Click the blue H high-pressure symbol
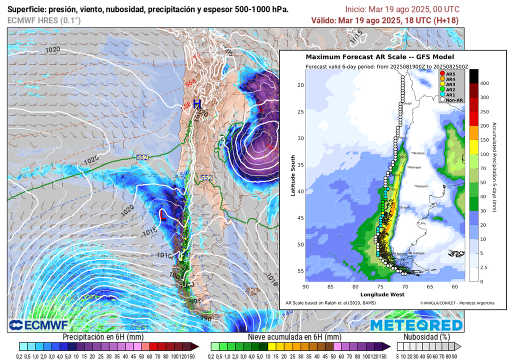(x=197, y=104)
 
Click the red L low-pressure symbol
(x=162, y=215)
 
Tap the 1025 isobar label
(x=91, y=160)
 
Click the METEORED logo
(x=416, y=325)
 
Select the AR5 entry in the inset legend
(x=448, y=74)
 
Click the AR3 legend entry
(x=448, y=84)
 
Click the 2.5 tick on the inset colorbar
(x=484, y=268)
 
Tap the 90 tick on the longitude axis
(x=305, y=287)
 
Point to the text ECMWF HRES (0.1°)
(x=44, y=20)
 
